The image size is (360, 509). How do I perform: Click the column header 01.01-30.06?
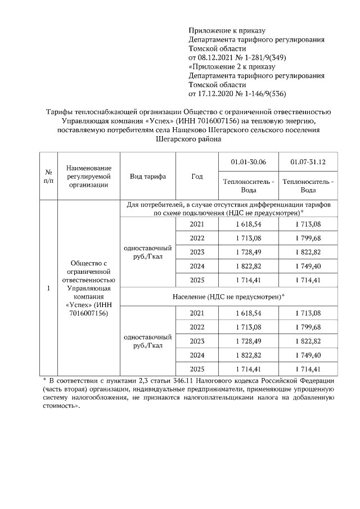(x=248, y=162)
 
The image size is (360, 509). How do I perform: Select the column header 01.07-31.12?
(x=308, y=162)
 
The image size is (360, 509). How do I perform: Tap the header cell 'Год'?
(x=196, y=176)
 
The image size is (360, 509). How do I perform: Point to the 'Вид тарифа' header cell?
(x=148, y=176)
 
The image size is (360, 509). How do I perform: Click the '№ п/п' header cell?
(x=48, y=176)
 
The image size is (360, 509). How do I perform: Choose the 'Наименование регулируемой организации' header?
(x=88, y=176)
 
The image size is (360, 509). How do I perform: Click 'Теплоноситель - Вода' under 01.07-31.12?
(x=308, y=186)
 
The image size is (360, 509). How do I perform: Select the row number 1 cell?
(x=48, y=289)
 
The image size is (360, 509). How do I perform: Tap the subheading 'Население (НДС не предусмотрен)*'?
(x=228, y=296)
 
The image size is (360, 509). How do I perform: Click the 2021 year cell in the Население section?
(x=196, y=313)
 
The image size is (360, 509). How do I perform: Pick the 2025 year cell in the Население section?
(x=196, y=369)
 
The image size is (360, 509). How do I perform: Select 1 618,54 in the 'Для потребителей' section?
(x=248, y=224)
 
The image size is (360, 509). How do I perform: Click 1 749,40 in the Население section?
(x=308, y=355)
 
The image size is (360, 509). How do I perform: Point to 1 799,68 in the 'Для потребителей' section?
(x=308, y=238)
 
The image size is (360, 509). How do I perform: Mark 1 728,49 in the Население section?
(x=248, y=341)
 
